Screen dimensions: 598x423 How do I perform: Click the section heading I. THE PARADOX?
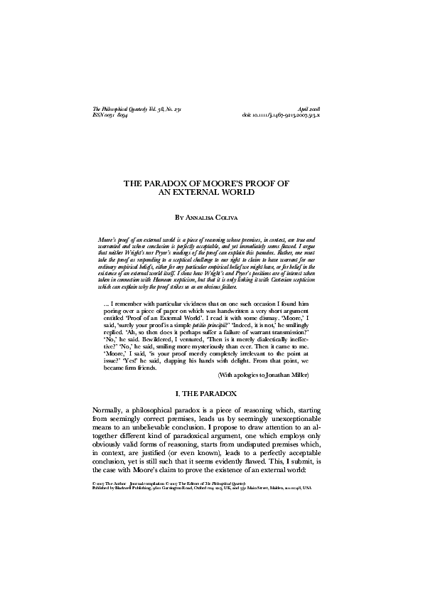coord(211,392)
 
